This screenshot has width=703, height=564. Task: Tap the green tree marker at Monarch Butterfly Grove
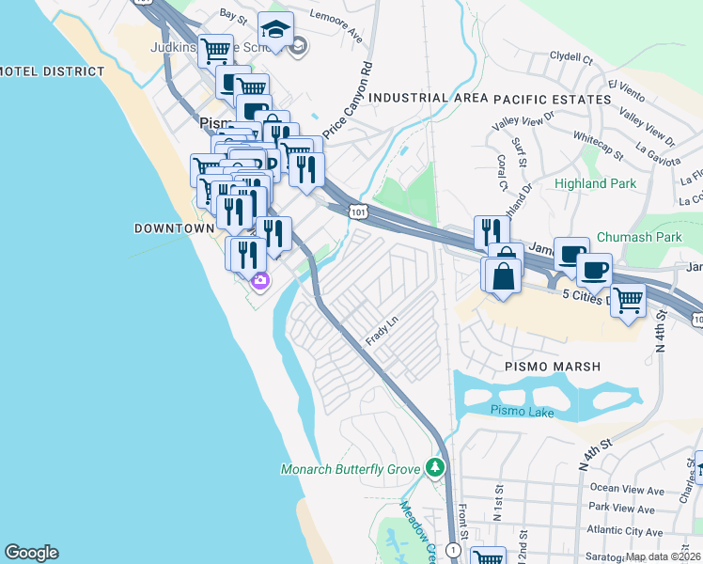[434, 466]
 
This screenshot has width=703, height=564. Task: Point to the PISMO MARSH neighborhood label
[552, 366]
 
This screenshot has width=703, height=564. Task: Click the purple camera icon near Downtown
[259, 279]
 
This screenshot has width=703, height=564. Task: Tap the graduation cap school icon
[275, 30]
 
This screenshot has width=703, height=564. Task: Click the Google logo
[31, 553]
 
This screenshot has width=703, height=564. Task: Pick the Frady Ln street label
[376, 330]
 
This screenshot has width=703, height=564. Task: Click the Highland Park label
[595, 184]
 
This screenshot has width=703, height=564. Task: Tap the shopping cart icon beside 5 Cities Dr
[628, 301]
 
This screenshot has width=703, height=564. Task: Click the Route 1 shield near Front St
[454, 549]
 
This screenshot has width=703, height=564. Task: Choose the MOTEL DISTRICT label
[53, 71]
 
